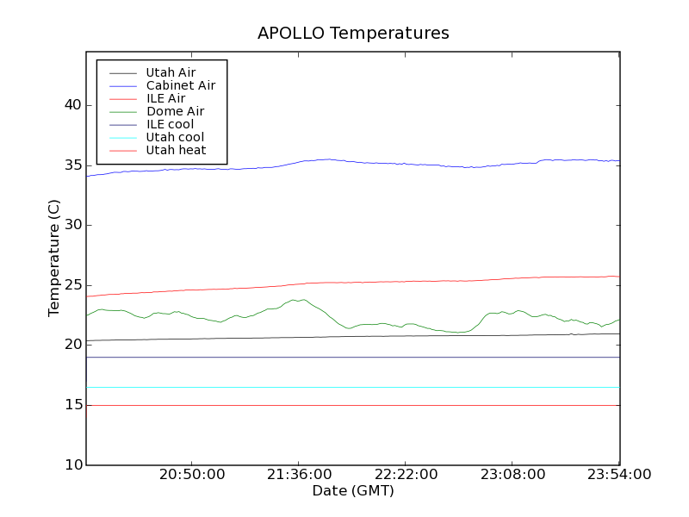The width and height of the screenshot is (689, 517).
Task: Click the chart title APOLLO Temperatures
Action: pos(353,34)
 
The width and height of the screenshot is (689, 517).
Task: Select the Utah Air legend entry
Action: pos(170,73)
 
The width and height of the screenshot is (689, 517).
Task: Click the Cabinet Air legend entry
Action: pos(180,86)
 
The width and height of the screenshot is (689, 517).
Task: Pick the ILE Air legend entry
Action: pos(165,99)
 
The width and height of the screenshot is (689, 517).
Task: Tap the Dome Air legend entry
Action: pos(175,112)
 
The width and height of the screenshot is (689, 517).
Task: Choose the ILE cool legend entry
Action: pos(170,125)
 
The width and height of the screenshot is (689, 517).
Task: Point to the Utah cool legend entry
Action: pos(175,138)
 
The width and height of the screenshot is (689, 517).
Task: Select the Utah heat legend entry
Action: pos(175,151)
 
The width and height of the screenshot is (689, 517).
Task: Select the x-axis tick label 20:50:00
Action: pos(192,475)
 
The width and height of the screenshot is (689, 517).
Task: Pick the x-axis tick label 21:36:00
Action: pos(299,475)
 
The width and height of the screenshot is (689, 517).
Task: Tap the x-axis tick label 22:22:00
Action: pos(406,475)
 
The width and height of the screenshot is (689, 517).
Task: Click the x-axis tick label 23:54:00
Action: pos(618,475)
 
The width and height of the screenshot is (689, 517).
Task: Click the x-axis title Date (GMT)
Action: pos(353,491)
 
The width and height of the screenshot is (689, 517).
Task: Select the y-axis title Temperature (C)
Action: pos(54,258)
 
